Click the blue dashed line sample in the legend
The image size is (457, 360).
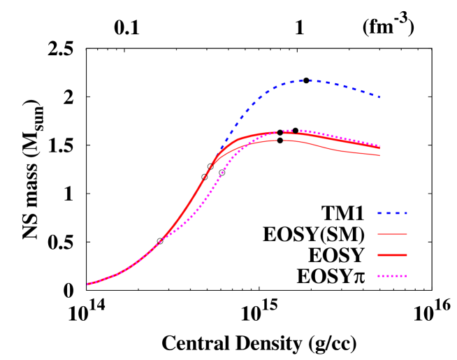pyautogui.click(x=392, y=213)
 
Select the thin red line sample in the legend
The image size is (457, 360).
pyautogui.click(x=392, y=234)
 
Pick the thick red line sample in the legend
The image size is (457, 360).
pyautogui.click(x=392, y=255)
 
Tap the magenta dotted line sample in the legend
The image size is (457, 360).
pyautogui.click(x=392, y=276)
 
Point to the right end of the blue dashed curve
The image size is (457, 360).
pyautogui.click(x=380, y=97)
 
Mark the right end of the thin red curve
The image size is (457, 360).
pyautogui.click(x=380, y=155)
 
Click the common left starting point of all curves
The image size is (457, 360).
pyautogui.click(x=87, y=284)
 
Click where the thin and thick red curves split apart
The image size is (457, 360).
pyautogui.click(x=217, y=159)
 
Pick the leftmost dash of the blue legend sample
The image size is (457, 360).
pyautogui.click(x=379, y=213)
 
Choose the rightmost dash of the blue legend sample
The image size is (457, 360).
pyautogui.click(x=405, y=213)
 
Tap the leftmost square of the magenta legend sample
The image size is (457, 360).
pyautogui.click(x=379, y=276)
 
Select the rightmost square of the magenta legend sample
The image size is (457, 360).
pyautogui.click(x=405, y=276)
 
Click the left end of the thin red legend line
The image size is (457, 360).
pyautogui.click(x=378, y=234)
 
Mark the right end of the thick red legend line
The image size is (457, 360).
pyautogui.click(x=407, y=255)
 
